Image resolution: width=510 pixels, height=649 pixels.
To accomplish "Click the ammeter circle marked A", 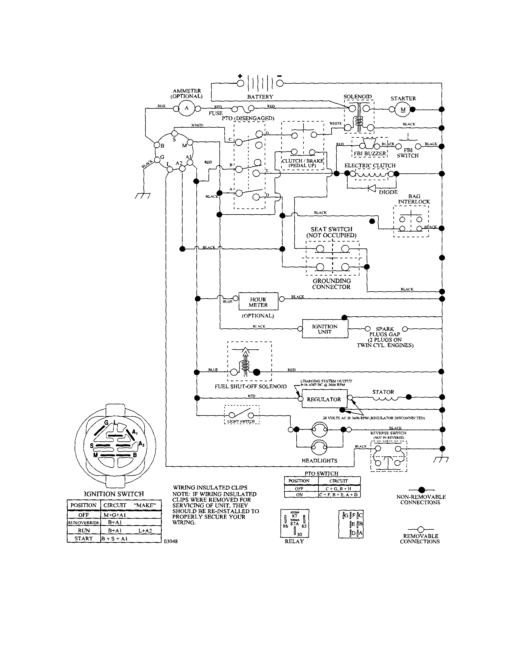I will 187,108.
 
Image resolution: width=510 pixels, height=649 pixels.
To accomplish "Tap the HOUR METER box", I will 258,302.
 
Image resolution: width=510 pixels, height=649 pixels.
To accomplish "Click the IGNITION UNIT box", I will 325,329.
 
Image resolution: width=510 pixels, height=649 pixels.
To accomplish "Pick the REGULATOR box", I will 324,399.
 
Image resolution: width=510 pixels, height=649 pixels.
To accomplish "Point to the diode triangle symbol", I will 372,188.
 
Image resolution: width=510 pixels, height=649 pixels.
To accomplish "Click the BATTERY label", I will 260,97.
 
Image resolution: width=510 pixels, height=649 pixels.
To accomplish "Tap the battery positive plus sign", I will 240,76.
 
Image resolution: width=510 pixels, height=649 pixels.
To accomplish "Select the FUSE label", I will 215,113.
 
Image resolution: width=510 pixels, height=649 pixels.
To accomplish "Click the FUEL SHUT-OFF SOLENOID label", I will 251,387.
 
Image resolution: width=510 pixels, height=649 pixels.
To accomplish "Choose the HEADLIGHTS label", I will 319,461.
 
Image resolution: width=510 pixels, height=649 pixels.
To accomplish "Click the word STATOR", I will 383,392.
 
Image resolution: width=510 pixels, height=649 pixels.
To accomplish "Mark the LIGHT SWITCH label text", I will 241,422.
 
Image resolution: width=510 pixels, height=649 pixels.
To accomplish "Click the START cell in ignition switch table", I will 84,538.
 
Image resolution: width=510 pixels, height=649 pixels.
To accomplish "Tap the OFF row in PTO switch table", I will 299,489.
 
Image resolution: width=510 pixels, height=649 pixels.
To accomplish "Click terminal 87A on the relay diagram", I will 294,524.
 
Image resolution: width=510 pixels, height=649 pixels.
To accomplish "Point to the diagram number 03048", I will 170,541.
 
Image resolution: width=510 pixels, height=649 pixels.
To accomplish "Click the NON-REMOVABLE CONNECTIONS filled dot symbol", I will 421,490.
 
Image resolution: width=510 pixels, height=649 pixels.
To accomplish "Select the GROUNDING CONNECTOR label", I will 331,284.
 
